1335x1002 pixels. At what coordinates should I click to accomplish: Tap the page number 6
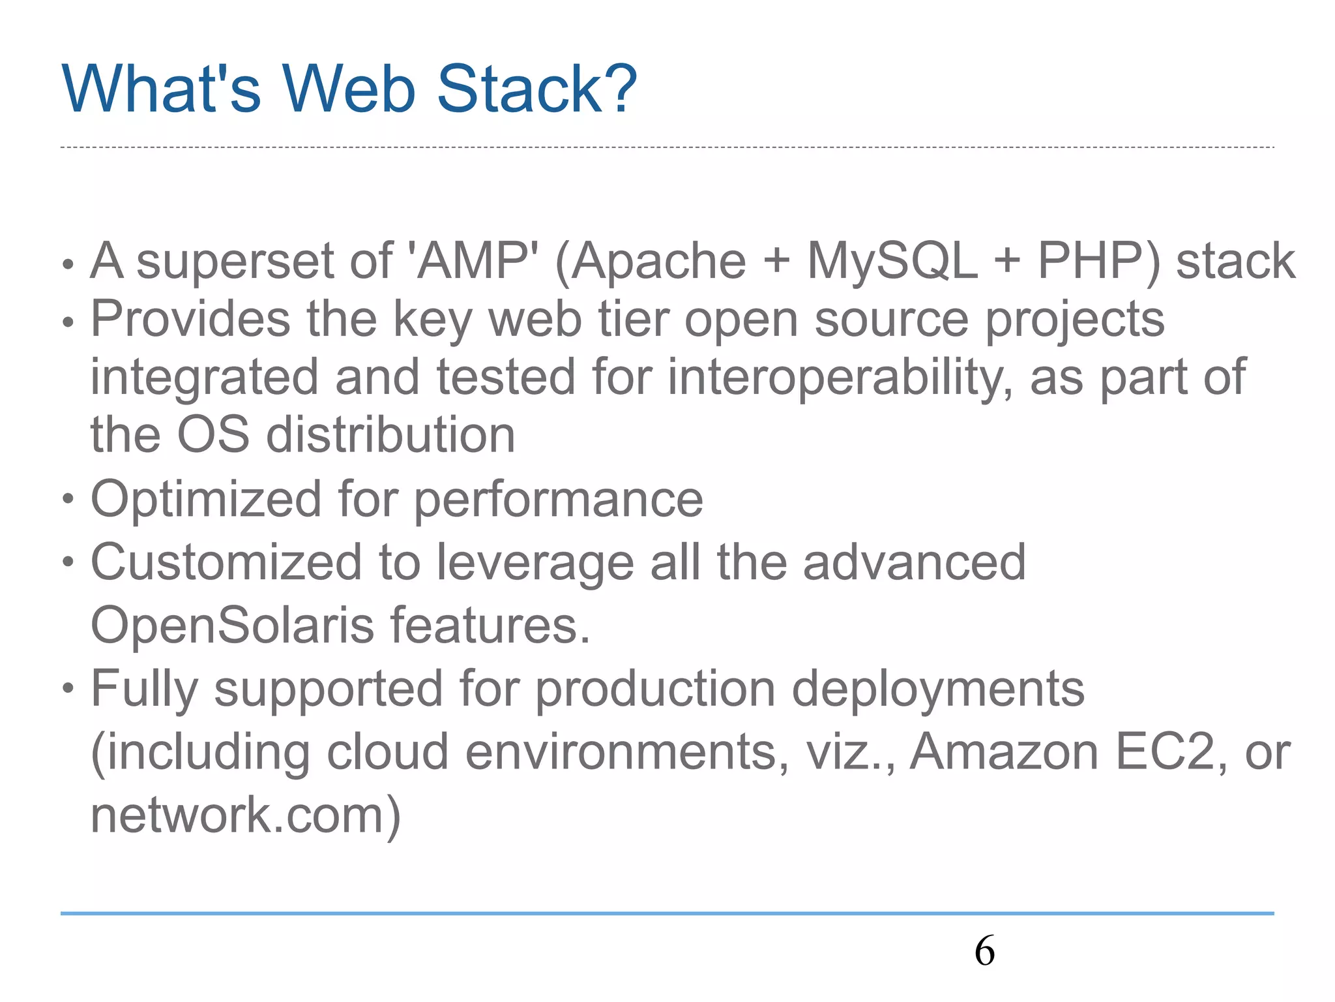(984, 950)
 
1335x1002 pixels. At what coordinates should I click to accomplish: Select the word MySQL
(892, 261)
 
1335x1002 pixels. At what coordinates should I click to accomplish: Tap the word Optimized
(206, 499)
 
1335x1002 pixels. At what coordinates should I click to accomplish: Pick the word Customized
(226, 562)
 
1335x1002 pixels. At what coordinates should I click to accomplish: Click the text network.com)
(245, 815)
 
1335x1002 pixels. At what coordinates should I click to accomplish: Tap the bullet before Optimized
(68, 500)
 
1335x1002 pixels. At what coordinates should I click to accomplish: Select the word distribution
(390, 435)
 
